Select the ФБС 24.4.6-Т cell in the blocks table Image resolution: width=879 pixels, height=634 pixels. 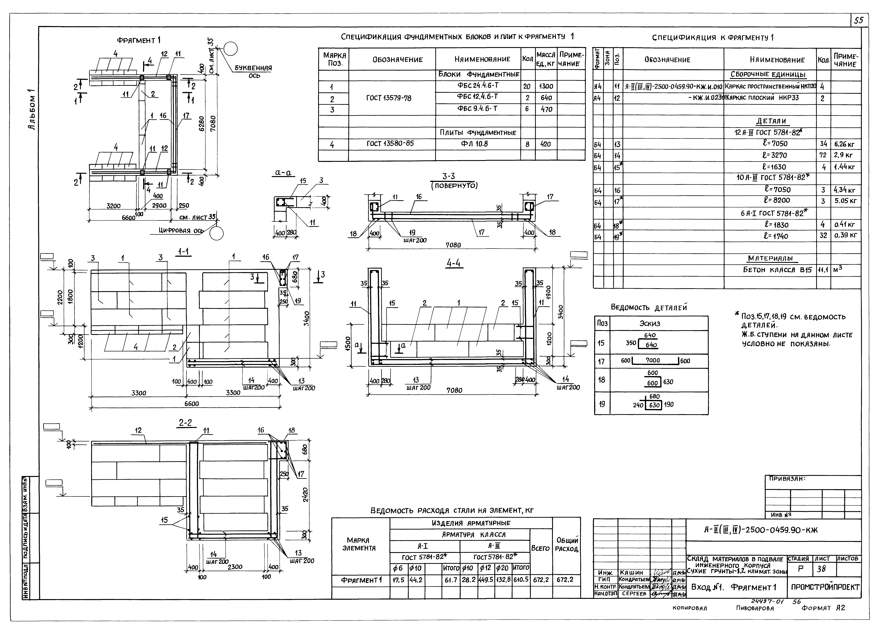click(x=478, y=86)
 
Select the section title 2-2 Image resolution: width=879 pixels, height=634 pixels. click(x=185, y=423)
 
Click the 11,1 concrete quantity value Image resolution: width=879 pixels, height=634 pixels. click(x=823, y=270)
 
